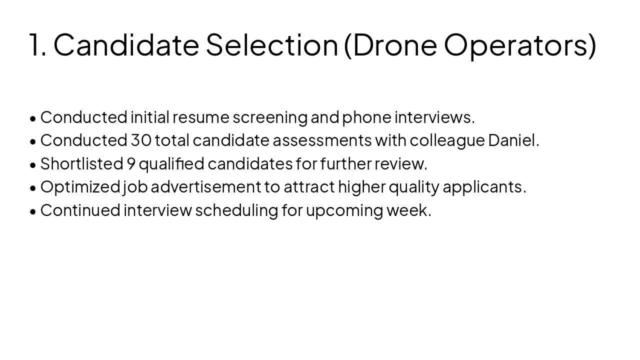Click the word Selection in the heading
pos(272,44)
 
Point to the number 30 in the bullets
pos(141,140)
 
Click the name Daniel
pos(512,140)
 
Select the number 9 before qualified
pos(131,163)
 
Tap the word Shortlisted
pos(81,163)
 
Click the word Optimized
pos(80,187)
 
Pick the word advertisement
pos(205,187)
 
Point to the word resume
pos(201,117)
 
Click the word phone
pos(366,117)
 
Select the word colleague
pos(447,141)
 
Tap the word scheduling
pos(236,210)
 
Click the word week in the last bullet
pos(407,210)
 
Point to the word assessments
pos(322,140)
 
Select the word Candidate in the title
pos(126,44)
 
